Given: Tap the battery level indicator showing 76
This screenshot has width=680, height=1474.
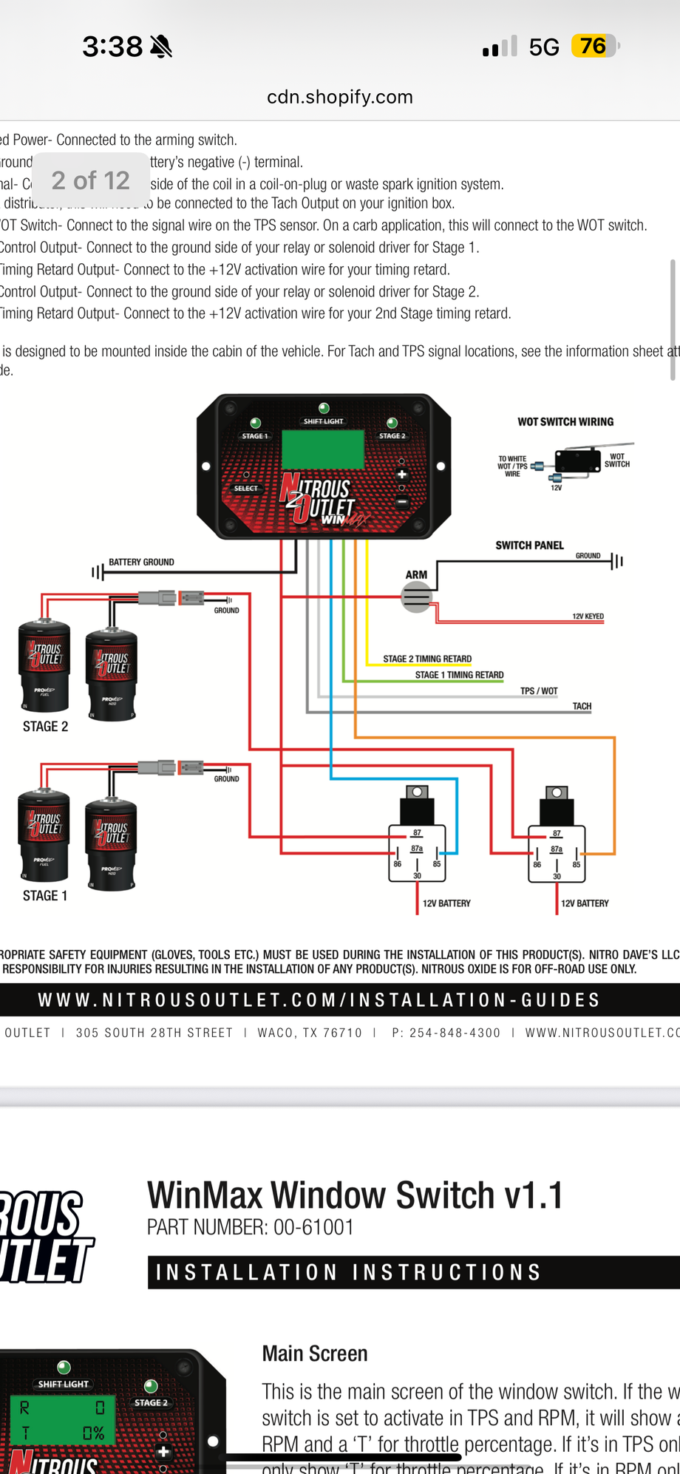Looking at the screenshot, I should pyautogui.click(x=594, y=47).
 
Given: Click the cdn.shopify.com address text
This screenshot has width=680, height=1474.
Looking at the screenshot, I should pyautogui.click(x=340, y=97).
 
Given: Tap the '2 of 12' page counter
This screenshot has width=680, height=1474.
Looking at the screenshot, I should pyautogui.click(x=90, y=180).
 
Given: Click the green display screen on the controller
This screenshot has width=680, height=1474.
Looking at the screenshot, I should pyautogui.click(x=323, y=448).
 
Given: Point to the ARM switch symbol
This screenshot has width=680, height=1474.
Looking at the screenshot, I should pyautogui.click(x=416, y=597).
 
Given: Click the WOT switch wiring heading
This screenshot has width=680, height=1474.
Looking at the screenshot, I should pyautogui.click(x=565, y=422).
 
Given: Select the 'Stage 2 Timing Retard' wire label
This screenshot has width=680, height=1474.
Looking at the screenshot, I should pyautogui.click(x=427, y=659).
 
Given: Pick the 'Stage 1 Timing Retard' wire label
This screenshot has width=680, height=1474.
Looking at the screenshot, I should pyautogui.click(x=459, y=675).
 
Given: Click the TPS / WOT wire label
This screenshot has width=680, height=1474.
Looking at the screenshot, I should pyautogui.click(x=539, y=691).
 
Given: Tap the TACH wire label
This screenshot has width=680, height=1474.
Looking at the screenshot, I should pyautogui.click(x=582, y=707).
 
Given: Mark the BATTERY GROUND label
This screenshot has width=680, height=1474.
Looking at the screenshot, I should pyautogui.click(x=141, y=563).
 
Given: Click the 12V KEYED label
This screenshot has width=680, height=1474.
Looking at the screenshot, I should pyautogui.click(x=588, y=617).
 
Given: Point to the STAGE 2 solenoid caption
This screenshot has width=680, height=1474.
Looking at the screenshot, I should pyautogui.click(x=45, y=727).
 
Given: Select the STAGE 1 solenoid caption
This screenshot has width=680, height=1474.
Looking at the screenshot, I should pyautogui.click(x=45, y=896).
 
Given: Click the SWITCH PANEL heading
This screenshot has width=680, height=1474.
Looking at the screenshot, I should pyautogui.click(x=529, y=546).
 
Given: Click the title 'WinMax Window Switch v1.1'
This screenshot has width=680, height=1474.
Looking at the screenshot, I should pyautogui.click(x=355, y=1196).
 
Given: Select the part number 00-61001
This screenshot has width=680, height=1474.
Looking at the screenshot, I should pyautogui.click(x=313, y=1228).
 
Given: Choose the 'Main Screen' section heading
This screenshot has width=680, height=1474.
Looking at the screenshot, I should pyautogui.click(x=315, y=1354).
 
